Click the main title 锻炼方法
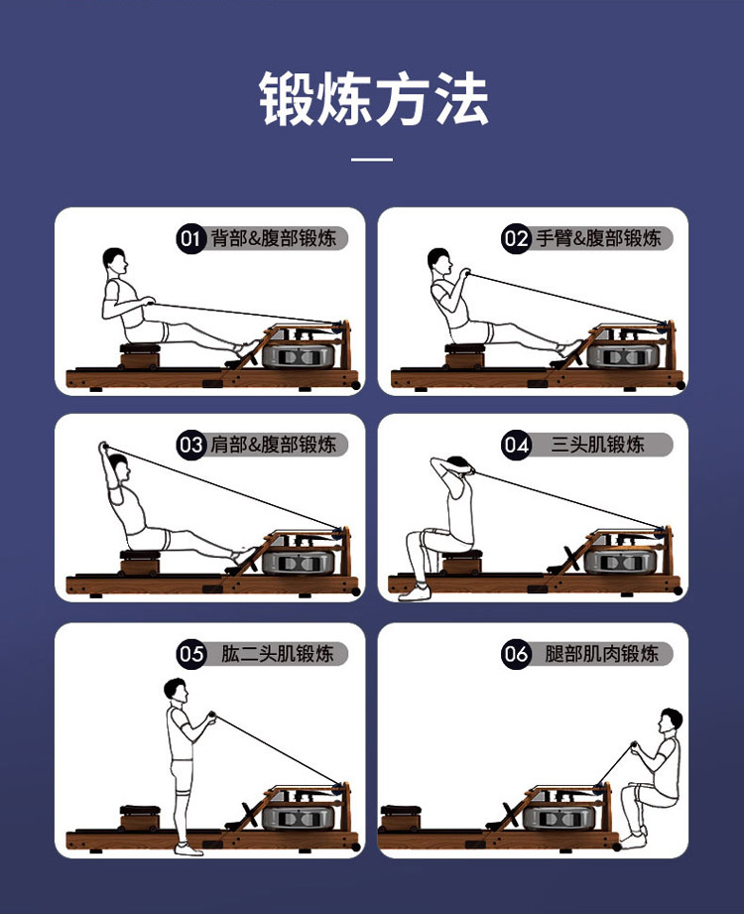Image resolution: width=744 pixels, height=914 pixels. tap(373, 98)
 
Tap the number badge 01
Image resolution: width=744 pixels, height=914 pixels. tap(191, 238)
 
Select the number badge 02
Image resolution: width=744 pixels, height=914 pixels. tap(516, 238)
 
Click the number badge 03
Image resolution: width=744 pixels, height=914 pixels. tap(191, 445)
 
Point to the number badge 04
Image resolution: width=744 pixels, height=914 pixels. tap(516, 445)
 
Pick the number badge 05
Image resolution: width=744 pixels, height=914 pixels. tap(191, 654)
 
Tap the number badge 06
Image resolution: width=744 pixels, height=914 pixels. tap(516, 654)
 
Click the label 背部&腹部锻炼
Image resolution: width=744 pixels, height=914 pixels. tap(273, 238)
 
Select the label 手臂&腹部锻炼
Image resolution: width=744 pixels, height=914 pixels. tap(598, 238)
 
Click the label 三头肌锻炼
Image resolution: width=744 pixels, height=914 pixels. tap(598, 445)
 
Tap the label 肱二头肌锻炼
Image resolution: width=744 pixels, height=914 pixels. tap(278, 654)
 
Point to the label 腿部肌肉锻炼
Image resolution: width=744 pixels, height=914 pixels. tap(602, 654)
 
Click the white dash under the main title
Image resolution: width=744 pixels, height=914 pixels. tap(372, 159)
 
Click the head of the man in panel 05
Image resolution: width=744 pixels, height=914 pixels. tap(176, 690)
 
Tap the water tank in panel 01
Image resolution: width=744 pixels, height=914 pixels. tap(299, 355)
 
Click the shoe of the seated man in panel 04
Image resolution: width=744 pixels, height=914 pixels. tap(415, 593)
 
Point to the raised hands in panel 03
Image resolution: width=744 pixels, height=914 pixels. tap(104, 448)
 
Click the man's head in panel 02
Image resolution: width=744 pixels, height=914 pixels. tap(439, 261)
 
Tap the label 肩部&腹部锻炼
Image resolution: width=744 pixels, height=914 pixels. tap(273, 445)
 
